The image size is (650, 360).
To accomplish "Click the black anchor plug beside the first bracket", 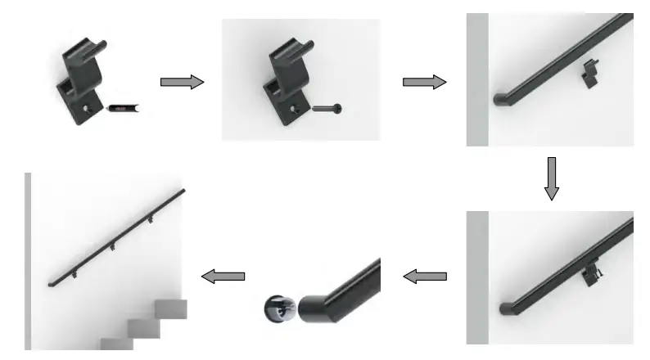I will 123,107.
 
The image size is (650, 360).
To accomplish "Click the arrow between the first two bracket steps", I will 181,82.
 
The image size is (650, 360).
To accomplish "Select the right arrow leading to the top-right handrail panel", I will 424,82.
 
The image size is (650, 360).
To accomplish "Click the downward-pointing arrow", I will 552,178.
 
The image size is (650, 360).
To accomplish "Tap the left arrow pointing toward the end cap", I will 426,277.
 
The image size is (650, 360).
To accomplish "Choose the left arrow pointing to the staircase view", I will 223,277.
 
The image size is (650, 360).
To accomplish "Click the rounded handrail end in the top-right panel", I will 500,99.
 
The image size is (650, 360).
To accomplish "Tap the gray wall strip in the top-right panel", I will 476,79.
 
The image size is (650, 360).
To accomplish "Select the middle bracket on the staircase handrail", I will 112,246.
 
